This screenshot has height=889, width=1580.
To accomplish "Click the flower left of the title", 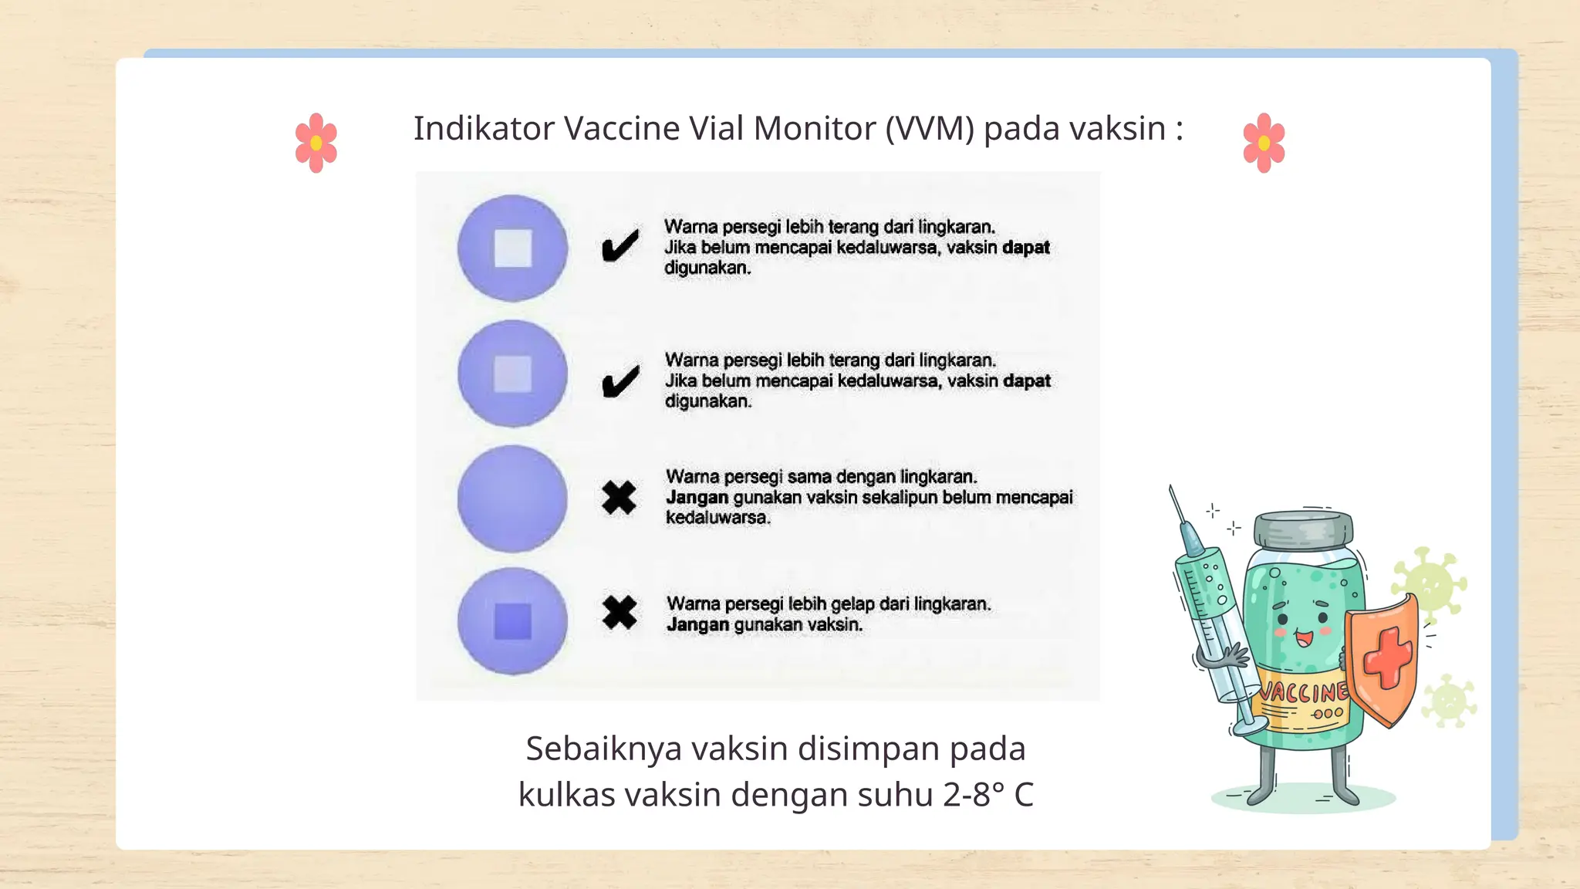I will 316,143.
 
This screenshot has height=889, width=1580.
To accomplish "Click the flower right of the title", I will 1264,143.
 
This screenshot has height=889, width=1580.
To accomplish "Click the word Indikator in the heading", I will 484,129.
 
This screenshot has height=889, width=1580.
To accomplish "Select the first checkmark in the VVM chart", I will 620,246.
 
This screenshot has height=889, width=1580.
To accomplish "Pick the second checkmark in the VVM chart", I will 620,381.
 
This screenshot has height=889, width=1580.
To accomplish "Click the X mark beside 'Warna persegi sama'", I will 619,498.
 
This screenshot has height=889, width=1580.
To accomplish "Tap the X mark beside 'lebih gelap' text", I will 620,614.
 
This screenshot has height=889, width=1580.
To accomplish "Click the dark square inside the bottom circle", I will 512,622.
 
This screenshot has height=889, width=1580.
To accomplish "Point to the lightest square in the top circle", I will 513,248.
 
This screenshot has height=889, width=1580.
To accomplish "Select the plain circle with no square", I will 512,499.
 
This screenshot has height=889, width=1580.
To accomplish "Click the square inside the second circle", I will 513,374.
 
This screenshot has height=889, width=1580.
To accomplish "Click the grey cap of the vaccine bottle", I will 1303,529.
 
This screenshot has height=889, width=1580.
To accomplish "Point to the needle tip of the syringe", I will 1171,490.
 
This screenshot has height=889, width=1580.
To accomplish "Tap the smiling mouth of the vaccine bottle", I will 1304,638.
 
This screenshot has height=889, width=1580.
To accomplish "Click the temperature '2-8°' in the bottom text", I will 974,795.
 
